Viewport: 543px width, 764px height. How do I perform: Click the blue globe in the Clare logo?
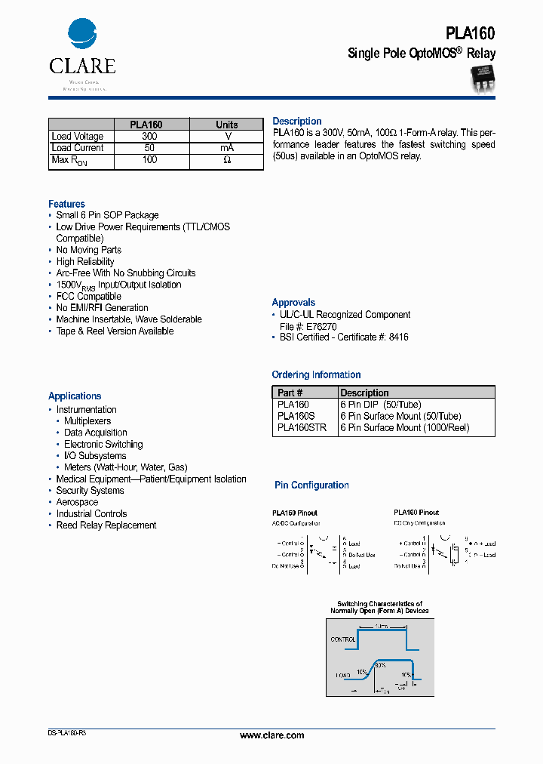click(82, 35)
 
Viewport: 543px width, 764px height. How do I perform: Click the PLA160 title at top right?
click(470, 33)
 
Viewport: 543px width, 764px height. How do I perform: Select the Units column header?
click(226, 125)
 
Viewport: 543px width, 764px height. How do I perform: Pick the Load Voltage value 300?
click(149, 137)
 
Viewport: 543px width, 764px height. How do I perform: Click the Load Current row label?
click(78, 148)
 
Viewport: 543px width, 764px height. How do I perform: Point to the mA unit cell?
click(226, 148)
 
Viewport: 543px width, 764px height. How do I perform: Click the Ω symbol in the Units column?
click(226, 161)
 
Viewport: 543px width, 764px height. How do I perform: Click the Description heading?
click(296, 122)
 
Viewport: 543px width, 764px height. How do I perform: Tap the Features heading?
click(66, 204)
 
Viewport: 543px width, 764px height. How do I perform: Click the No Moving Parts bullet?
click(88, 250)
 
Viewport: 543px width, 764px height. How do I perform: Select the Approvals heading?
click(293, 303)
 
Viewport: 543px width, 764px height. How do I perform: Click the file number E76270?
click(321, 326)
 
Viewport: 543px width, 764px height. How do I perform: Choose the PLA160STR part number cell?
click(302, 428)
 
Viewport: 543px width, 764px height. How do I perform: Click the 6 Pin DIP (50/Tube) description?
click(380, 405)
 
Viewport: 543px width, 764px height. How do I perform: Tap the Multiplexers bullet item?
click(87, 421)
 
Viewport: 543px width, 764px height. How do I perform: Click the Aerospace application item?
click(77, 502)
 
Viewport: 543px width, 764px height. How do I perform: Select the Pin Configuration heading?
click(311, 485)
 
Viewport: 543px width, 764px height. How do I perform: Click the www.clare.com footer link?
click(271, 735)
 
